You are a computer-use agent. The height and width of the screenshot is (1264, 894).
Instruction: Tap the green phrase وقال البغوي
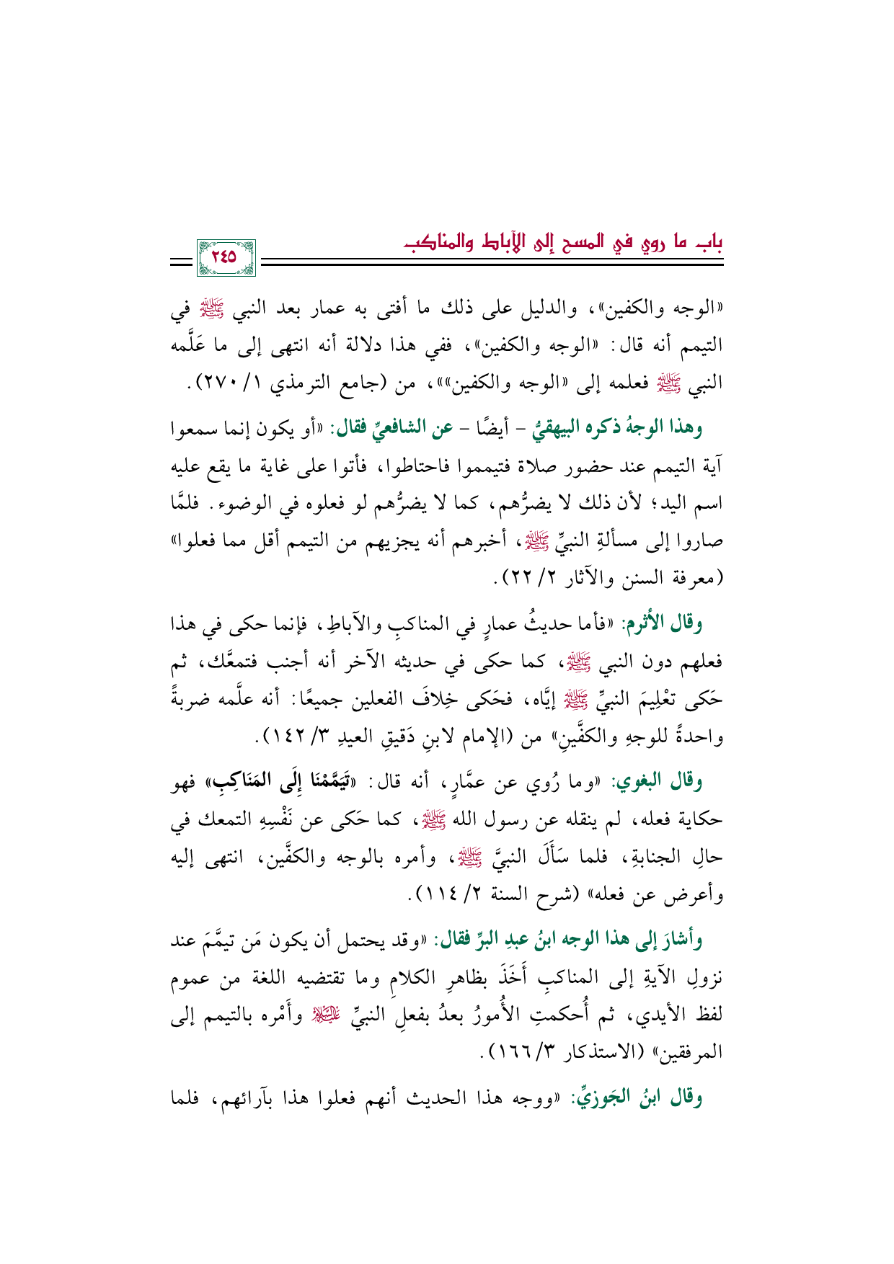pyautogui.click(x=672, y=782)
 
